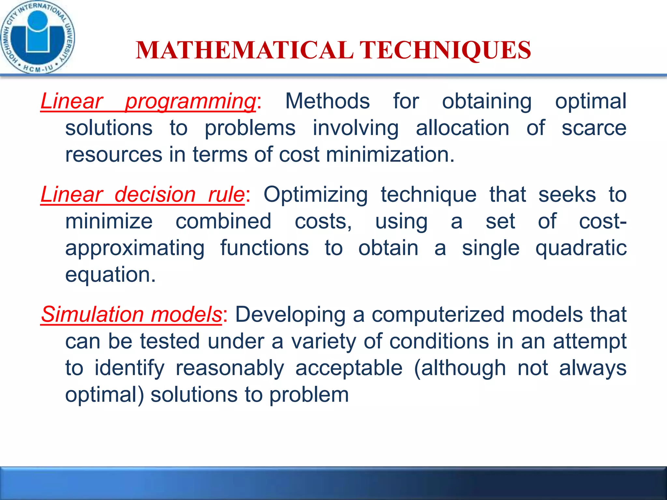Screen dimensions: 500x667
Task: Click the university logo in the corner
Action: (x=37, y=37)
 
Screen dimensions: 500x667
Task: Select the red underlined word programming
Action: (x=191, y=101)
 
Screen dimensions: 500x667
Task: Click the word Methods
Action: (x=327, y=101)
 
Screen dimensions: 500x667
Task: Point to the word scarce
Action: (x=594, y=128)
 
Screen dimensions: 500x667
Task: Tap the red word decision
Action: (x=155, y=195)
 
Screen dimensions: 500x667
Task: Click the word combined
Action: (x=223, y=221)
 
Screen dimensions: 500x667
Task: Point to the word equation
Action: (x=110, y=275)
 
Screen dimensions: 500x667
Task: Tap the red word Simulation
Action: (x=92, y=315)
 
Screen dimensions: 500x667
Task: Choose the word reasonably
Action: (x=230, y=368)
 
